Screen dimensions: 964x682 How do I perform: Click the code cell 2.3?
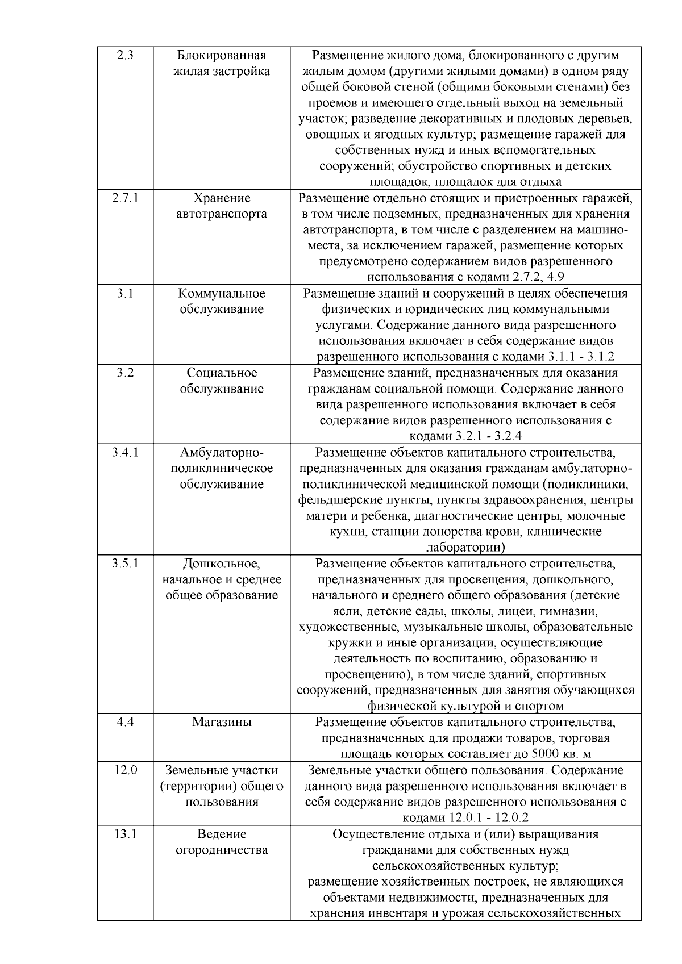click(125, 56)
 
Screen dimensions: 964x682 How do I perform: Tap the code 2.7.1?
click(125, 198)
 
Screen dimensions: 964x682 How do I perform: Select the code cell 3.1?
click(125, 294)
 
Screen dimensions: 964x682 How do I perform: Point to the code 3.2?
click(125, 373)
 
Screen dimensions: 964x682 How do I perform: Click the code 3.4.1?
click(125, 453)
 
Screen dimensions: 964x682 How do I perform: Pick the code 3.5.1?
click(125, 564)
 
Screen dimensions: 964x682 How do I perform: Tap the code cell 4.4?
click(125, 723)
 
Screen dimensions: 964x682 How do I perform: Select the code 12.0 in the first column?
click(125, 770)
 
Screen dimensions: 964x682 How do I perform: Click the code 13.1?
click(125, 834)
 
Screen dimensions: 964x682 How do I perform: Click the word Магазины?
click(222, 723)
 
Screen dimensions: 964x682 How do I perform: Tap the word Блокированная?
click(222, 56)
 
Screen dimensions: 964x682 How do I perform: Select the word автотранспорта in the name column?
click(222, 214)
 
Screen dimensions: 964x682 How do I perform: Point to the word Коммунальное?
click(222, 294)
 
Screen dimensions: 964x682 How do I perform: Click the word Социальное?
click(222, 373)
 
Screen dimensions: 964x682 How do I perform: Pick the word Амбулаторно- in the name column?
click(222, 453)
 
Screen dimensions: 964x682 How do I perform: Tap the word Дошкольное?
click(222, 564)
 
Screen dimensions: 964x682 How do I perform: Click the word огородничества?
click(222, 850)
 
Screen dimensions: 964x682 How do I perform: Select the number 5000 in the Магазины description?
click(546, 754)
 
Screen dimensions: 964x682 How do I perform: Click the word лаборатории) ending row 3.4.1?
click(465, 548)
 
